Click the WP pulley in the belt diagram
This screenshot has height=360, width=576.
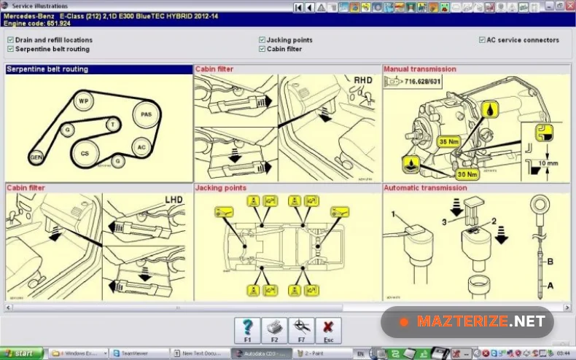click(83, 101)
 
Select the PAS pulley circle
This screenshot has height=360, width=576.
click(147, 114)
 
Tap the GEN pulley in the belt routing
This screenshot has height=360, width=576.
click(36, 157)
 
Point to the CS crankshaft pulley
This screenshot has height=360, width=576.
click(85, 153)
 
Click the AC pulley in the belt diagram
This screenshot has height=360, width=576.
click(141, 147)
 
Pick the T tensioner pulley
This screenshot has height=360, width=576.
click(112, 125)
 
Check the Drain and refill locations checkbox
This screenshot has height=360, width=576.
click(10, 40)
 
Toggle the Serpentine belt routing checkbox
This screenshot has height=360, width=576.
click(10, 49)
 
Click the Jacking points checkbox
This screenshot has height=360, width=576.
click(262, 40)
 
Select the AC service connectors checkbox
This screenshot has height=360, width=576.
click(482, 40)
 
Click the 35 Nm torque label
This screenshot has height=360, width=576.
click(448, 141)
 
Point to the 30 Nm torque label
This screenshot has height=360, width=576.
click(467, 174)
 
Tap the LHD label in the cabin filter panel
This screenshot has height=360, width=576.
click(174, 199)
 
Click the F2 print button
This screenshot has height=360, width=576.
click(274, 330)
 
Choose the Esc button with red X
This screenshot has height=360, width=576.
click(328, 330)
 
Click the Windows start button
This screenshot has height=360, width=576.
click(22, 353)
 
